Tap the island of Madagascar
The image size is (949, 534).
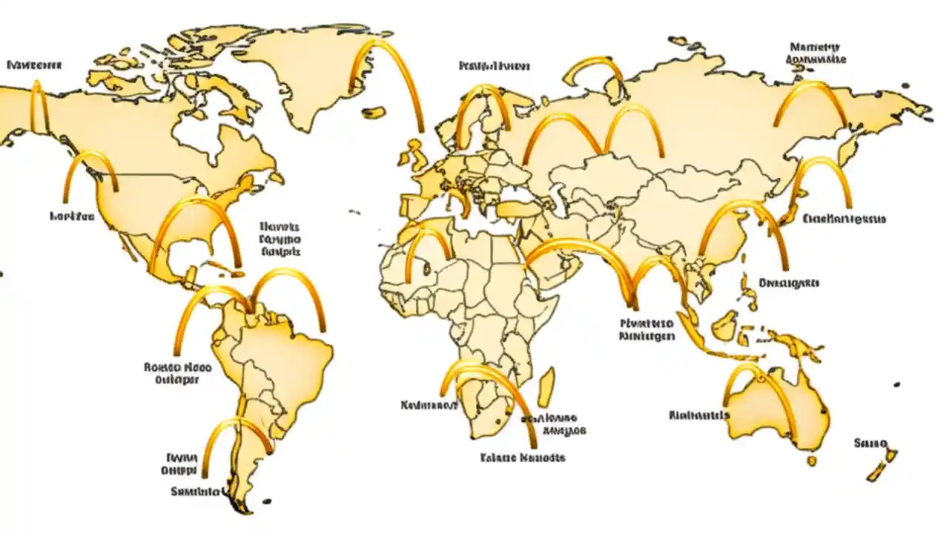[x=546, y=387]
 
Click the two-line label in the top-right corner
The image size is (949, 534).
[x=818, y=53]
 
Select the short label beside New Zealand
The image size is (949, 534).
[x=870, y=444]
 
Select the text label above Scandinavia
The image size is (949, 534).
[x=494, y=66]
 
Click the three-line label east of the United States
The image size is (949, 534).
[x=280, y=239]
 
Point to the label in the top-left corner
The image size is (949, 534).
[x=34, y=65]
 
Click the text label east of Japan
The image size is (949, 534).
[x=844, y=219]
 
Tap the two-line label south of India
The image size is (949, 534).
[x=646, y=329]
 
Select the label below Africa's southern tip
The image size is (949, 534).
[x=523, y=458]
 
